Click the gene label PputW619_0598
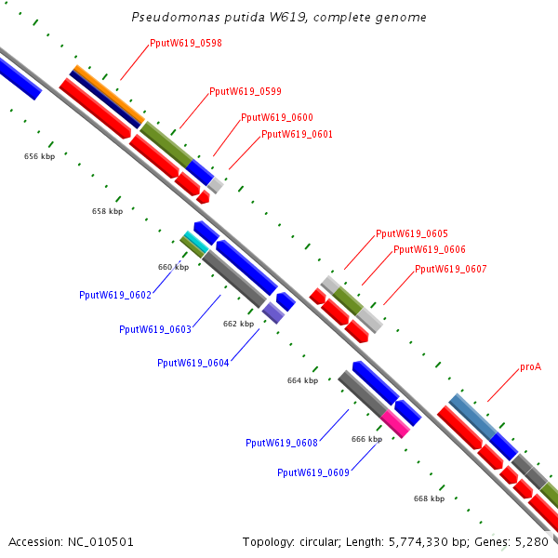coord(186,43)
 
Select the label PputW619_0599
coord(246,91)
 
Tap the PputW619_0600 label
coord(277,117)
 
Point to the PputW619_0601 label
coord(297,134)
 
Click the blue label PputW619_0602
coord(115,295)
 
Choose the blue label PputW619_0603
coord(155,329)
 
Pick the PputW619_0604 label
coord(193,363)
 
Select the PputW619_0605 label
coord(412,233)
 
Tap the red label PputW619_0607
coord(450,269)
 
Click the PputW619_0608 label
coord(282,443)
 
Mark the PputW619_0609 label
coord(313,472)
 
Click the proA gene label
coord(531,367)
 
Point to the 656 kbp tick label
coord(39,156)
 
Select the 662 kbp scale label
coord(238,324)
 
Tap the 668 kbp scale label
coord(429,498)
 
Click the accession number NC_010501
coord(100,542)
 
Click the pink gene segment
coord(395,424)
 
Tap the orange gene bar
coord(109,94)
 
